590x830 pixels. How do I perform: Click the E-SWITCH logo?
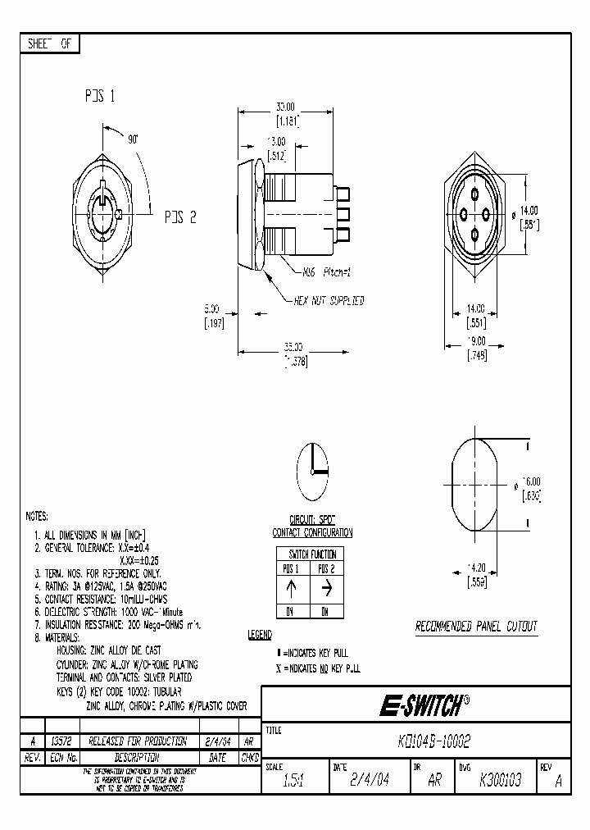pyautogui.click(x=424, y=705)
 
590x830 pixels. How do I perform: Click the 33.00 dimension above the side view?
pyautogui.click(x=285, y=107)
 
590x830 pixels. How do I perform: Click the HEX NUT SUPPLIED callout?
pyautogui.click(x=329, y=301)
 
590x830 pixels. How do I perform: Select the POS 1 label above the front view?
pyautogui.click(x=99, y=96)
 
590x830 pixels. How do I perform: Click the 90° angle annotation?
pyautogui.click(x=133, y=140)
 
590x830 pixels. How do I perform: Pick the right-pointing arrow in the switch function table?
pyautogui.click(x=326, y=588)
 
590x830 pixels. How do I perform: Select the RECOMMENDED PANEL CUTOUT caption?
pyautogui.click(x=476, y=627)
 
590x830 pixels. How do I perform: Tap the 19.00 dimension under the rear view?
pyautogui.click(x=476, y=341)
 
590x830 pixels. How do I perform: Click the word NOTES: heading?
pyautogui.click(x=38, y=517)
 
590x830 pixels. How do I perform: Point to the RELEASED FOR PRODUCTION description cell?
pyautogui.click(x=126, y=741)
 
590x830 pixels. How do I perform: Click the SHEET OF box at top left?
pyautogui.click(x=49, y=44)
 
